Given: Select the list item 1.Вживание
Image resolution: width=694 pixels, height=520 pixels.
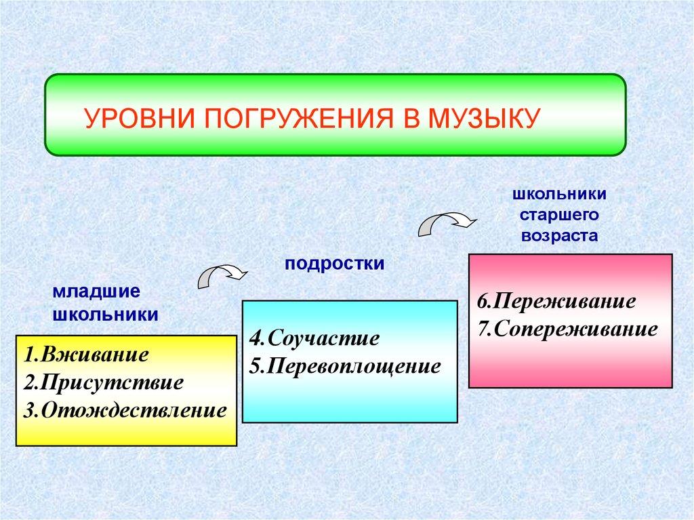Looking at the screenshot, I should (x=85, y=355).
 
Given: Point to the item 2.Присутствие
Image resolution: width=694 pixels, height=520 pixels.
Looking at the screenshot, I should (x=103, y=382).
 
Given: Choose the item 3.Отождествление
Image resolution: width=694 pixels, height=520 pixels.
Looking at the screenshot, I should (x=124, y=410).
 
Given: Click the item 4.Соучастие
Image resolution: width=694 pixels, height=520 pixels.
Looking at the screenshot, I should (x=314, y=338).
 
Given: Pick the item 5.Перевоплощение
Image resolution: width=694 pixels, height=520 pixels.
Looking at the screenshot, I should (x=345, y=366).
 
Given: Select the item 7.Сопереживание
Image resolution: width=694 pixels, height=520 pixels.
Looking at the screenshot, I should (x=567, y=329).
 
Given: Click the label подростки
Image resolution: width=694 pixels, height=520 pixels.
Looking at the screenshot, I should (x=335, y=263).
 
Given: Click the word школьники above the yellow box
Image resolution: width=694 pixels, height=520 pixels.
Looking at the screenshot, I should (x=105, y=315).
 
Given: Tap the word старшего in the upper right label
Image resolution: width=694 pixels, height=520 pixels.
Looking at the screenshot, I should (x=560, y=216).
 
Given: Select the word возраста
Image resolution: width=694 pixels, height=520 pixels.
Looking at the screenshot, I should (x=560, y=237).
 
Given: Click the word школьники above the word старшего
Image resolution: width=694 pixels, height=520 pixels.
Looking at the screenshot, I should (x=560, y=195).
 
